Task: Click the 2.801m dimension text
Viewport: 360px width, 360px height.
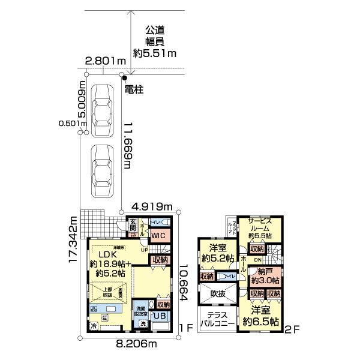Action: click(x=105, y=61)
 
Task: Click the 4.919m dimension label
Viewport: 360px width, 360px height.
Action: click(x=152, y=207)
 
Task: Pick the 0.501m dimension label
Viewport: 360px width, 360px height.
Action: click(x=73, y=124)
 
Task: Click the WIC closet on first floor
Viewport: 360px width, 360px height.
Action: click(x=158, y=236)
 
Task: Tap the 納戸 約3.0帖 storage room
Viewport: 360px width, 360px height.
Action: click(x=265, y=275)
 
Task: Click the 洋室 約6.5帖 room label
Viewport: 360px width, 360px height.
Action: click(x=263, y=316)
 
